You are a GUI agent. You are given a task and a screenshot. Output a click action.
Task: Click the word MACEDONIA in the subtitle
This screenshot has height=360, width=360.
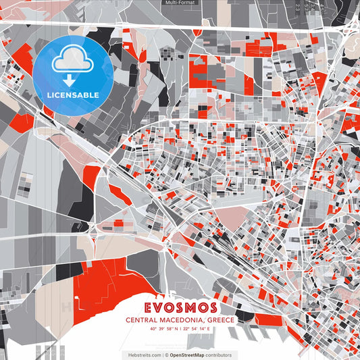pyautogui.click(x=184, y=320)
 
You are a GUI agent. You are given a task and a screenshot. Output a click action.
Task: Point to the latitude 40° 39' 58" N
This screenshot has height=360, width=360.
pyautogui.click(x=161, y=329)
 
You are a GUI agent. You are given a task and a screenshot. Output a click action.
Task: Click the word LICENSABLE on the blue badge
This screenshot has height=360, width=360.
pyautogui.click(x=73, y=95)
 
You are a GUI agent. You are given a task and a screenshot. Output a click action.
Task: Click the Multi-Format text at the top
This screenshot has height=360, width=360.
pyautogui.click(x=180, y=3)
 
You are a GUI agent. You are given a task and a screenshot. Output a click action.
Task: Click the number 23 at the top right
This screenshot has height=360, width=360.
pyautogui.click(x=297, y=7)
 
